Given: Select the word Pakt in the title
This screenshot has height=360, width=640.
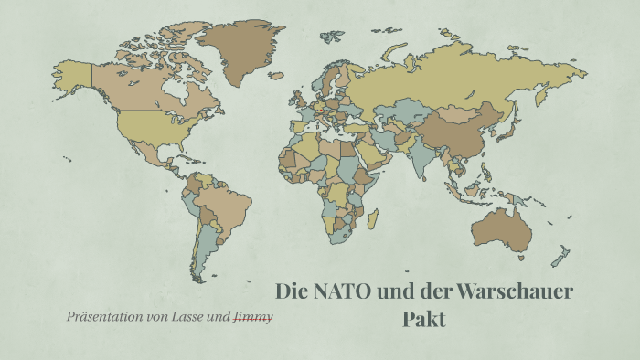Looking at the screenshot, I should click(424, 320).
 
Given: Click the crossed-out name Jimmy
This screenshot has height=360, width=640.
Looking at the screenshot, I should click(253, 317).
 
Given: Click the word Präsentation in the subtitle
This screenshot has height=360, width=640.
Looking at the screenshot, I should click(101, 317).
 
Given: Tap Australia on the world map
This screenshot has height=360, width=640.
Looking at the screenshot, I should click(501, 228).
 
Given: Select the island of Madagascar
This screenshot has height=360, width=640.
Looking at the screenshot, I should click(372, 219).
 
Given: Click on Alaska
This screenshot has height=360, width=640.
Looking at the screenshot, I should click(73, 71).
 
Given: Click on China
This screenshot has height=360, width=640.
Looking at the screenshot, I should click(462, 128).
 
